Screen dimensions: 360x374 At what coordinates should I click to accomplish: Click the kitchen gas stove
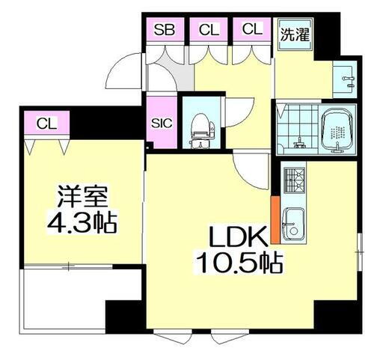pos(293,180)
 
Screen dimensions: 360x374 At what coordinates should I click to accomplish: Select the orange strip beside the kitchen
pos(275,219)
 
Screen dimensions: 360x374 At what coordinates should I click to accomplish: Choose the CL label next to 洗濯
pos(251,30)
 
